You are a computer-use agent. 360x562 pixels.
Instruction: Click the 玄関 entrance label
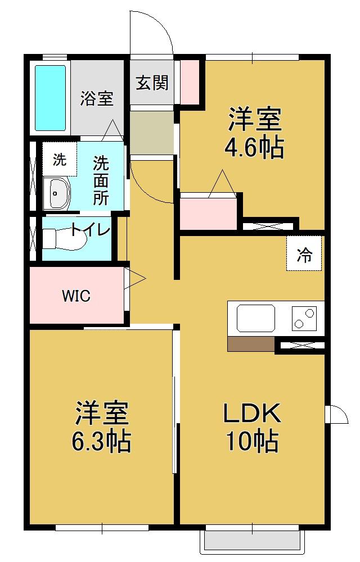tap(152, 83)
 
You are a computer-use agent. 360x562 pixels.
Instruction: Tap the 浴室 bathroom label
tap(97, 99)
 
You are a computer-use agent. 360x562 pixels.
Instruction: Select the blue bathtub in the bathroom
tap(51, 98)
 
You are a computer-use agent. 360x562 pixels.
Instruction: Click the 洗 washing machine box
tap(59, 160)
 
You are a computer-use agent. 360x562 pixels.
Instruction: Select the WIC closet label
tap(76, 296)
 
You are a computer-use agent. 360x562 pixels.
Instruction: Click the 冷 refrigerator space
tap(304, 255)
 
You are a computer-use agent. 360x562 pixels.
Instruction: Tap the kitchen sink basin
tap(255, 318)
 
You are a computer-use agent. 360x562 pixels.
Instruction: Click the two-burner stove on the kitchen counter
tap(304, 318)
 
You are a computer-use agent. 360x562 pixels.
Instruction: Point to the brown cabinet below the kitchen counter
tap(251, 344)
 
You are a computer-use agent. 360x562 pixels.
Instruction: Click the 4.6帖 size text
tap(254, 148)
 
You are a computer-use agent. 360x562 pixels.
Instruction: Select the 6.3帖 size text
tap(102, 442)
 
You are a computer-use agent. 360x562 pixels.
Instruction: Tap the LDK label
tap(251, 414)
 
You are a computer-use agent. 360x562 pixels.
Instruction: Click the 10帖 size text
tap(252, 442)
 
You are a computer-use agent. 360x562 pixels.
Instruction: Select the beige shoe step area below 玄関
tap(152, 132)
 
